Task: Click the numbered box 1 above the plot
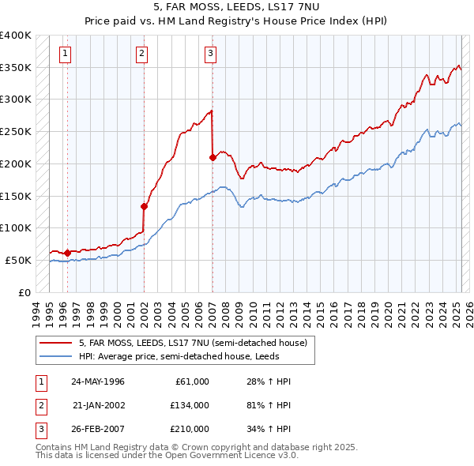(65, 54)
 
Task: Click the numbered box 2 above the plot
(141, 54)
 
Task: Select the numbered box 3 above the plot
(211, 54)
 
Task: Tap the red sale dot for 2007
(213, 158)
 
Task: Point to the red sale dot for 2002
(144, 206)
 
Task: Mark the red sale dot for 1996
(67, 253)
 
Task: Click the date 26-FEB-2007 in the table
(98, 429)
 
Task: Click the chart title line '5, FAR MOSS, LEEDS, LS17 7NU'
(236, 9)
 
